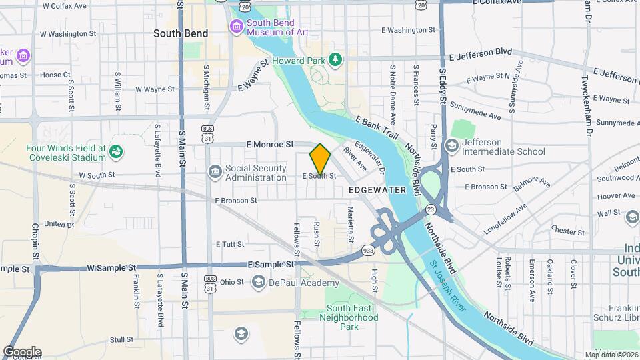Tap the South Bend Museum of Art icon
[x=236, y=27]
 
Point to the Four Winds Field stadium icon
[x=116, y=152]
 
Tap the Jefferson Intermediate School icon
[x=451, y=146]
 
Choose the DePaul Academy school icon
[x=258, y=283]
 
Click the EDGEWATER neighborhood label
[x=377, y=190]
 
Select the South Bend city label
[x=181, y=33]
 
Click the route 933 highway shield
[x=368, y=250]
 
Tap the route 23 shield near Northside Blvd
[x=431, y=209]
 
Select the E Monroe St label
[x=269, y=144]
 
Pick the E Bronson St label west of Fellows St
[x=235, y=200]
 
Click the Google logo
[x=21, y=352]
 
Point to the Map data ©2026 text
[x=611, y=355]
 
